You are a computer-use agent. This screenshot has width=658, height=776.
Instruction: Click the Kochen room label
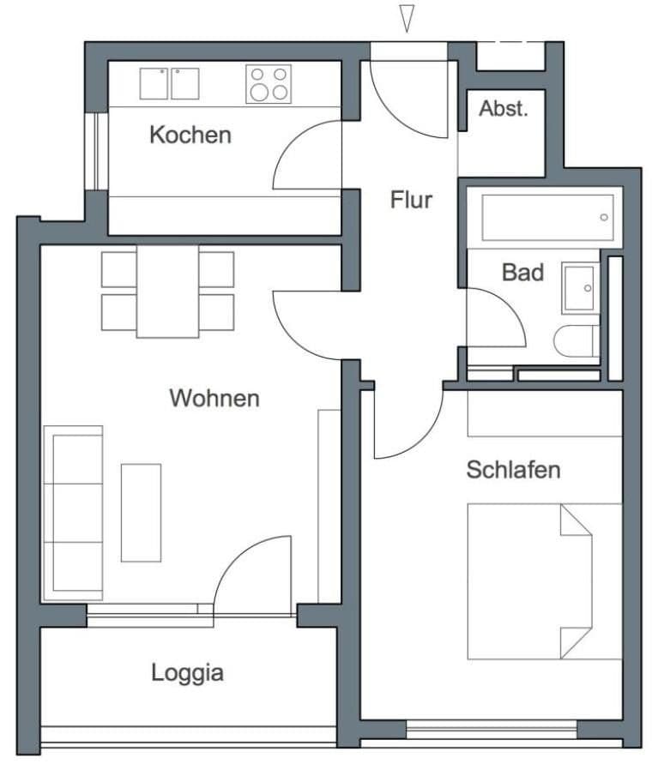coord(190,135)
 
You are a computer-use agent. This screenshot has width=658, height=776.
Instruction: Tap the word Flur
coord(411,200)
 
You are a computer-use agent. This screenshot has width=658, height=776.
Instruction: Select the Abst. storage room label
coord(503,109)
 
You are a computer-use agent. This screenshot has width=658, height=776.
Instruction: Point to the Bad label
coord(522,273)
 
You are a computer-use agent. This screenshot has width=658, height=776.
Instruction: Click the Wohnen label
coord(214,398)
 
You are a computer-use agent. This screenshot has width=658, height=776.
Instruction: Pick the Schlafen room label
coord(513,469)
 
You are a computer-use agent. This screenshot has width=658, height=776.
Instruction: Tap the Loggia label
coord(187,672)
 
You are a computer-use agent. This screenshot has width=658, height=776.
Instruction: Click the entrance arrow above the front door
coord(407,18)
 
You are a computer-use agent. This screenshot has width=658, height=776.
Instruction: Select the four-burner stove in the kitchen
coord(267,84)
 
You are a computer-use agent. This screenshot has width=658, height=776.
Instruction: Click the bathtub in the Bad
coord(547,218)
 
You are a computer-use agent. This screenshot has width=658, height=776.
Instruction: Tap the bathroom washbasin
coord(580,288)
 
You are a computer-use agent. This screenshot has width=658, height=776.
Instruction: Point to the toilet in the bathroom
coord(577,341)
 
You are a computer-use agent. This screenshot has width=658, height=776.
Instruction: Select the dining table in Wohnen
coord(167,292)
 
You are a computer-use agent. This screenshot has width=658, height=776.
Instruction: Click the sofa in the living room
coord(74,512)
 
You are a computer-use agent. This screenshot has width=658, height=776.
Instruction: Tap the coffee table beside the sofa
coord(141,512)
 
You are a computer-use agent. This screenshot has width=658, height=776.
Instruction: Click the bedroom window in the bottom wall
coord(491,730)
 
